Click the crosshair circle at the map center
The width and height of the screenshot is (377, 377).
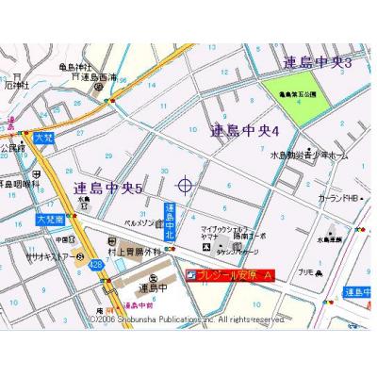[185, 184]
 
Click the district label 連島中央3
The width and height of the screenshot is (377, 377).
[317, 63]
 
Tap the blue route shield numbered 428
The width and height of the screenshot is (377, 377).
[95, 266]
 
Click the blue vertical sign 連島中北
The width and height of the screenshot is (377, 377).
[170, 221]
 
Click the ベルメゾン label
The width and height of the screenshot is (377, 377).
[143, 223]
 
